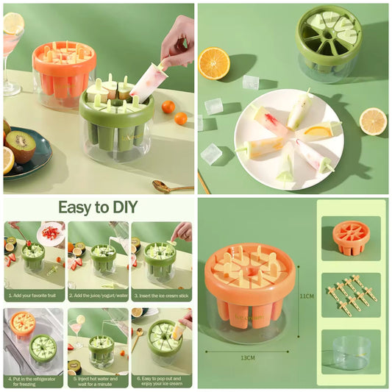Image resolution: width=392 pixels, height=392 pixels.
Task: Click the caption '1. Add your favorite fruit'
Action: [35, 294]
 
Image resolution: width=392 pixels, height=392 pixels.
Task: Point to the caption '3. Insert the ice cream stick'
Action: [160, 294]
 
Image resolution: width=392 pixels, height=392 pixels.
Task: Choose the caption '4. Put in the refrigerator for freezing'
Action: [35, 381]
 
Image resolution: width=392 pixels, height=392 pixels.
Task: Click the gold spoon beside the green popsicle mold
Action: [171, 186]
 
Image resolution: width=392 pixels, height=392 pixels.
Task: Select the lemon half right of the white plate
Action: [373, 121]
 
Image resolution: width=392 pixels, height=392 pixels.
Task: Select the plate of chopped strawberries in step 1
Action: [51, 233]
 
